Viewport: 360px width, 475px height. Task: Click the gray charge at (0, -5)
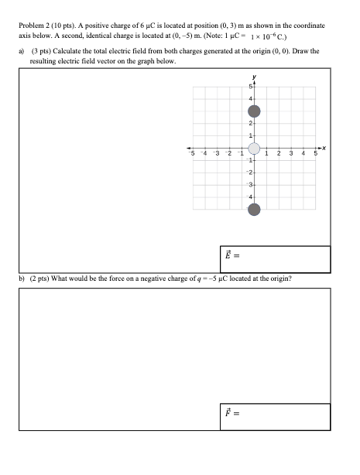[x=253, y=210]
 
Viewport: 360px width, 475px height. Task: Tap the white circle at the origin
[x=253, y=149]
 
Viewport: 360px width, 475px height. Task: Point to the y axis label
[x=253, y=77]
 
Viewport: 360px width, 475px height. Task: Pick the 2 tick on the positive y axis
[x=250, y=125]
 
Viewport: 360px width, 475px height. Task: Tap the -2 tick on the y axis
[x=249, y=173]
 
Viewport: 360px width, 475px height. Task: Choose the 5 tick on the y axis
[x=250, y=87]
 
